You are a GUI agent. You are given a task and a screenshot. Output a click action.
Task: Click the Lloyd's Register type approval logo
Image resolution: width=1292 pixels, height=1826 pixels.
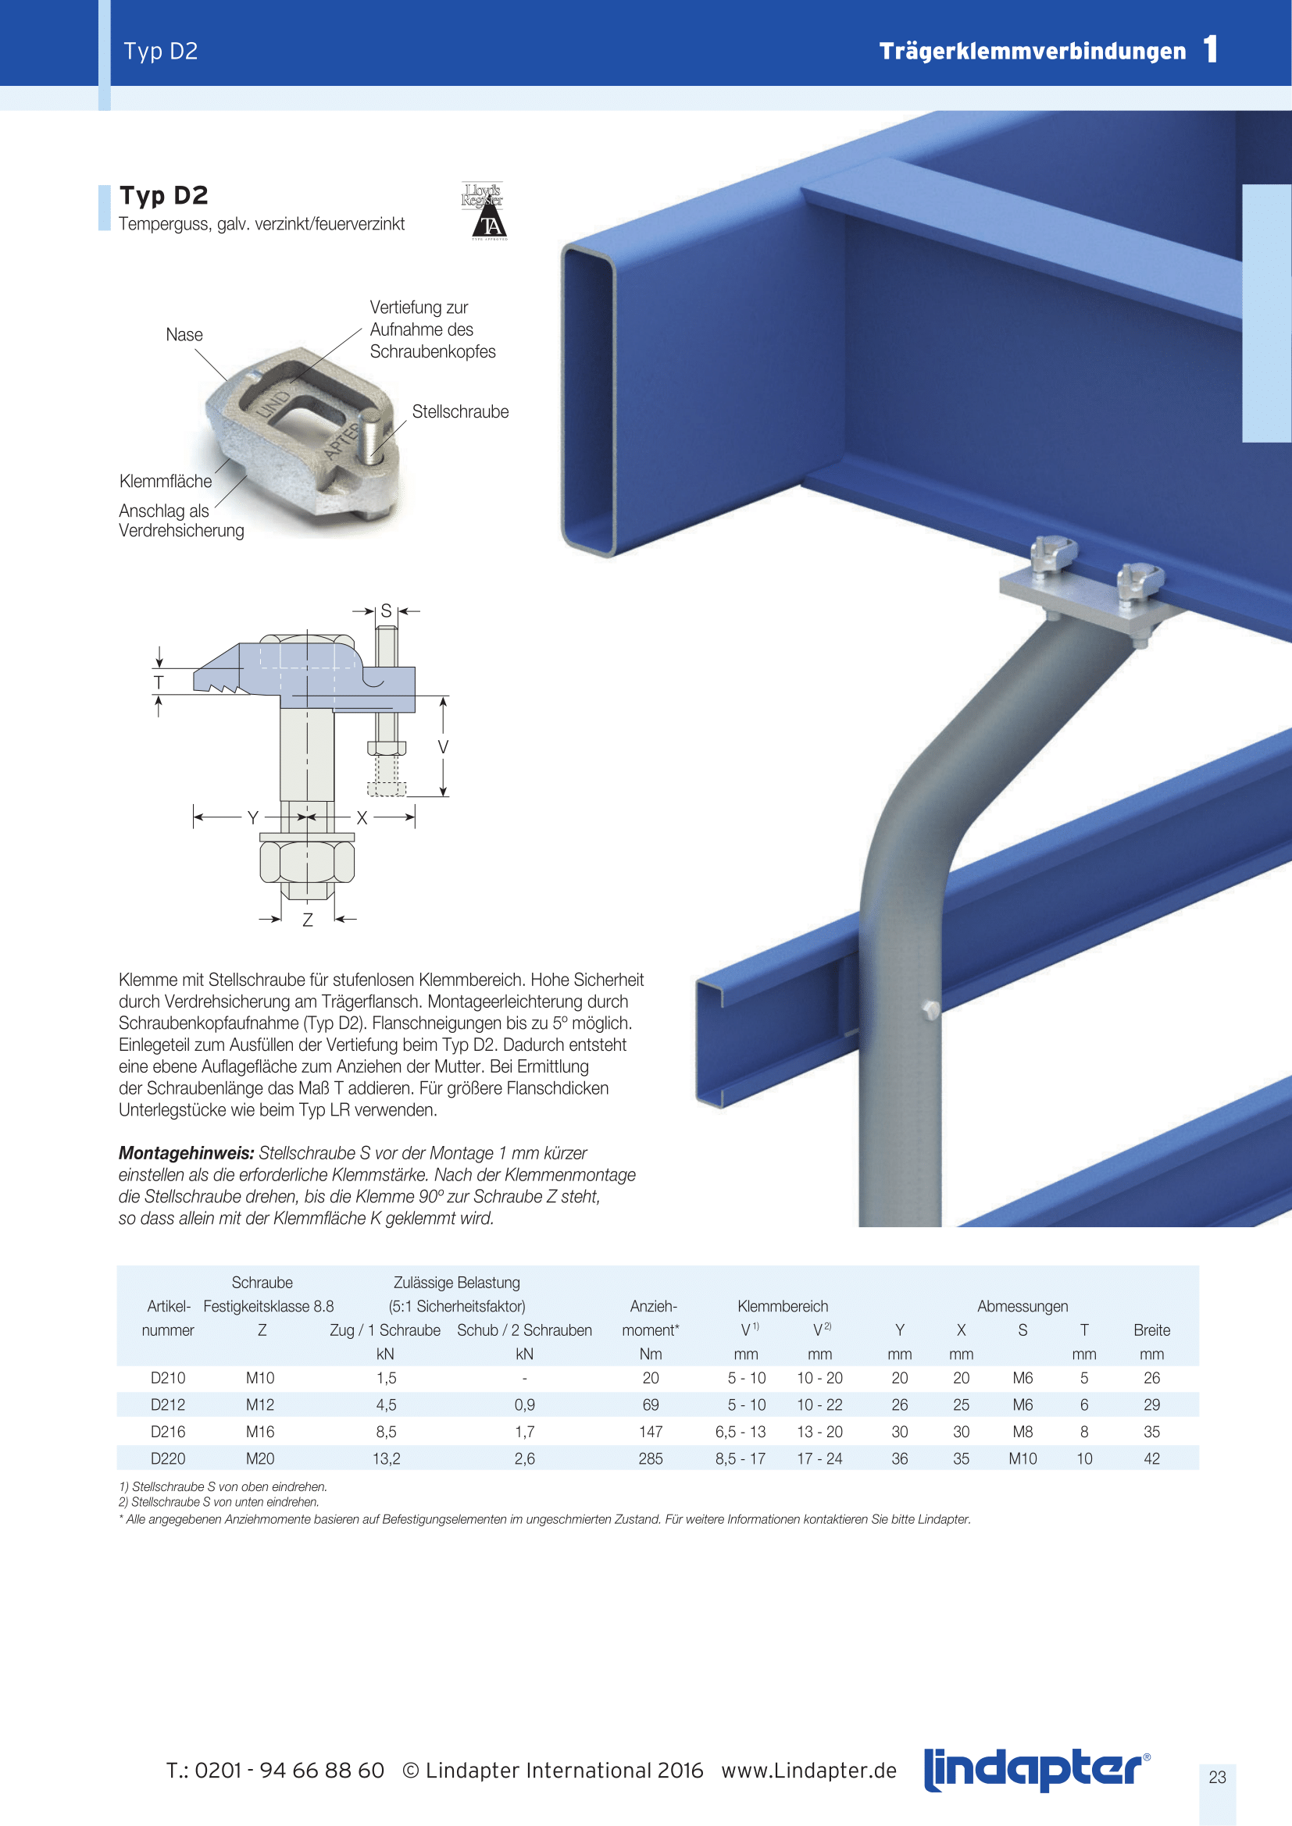[x=483, y=211]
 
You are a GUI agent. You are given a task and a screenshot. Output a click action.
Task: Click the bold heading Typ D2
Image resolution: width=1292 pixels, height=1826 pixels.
[x=164, y=196]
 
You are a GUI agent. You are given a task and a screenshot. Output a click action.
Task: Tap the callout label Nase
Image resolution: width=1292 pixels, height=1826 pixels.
[x=184, y=335]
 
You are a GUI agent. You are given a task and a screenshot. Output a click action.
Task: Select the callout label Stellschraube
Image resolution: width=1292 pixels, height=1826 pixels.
[x=460, y=412]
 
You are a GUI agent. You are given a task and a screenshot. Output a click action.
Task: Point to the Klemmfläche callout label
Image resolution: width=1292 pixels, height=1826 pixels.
[x=166, y=481]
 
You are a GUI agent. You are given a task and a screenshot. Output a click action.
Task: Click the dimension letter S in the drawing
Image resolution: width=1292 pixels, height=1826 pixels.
[x=387, y=610]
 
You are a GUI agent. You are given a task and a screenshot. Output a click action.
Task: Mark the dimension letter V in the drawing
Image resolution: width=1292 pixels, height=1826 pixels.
[x=443, y=747]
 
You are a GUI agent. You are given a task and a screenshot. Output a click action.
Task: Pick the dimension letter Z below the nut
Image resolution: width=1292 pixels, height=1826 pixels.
[x=308, y=920]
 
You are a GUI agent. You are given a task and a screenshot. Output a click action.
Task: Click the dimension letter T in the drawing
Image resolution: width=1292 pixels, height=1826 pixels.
[x=159, y=682]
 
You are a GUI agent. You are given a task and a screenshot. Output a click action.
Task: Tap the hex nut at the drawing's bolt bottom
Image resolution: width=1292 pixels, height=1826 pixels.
[x=307, y=862]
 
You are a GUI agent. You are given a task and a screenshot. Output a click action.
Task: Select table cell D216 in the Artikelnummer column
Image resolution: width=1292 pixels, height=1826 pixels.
[x=168, y=1432]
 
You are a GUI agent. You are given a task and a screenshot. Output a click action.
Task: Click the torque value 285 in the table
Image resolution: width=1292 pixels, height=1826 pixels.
[x=650, y=1458]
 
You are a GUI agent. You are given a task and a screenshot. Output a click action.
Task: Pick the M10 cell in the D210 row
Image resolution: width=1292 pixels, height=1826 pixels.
[x=260, y=1377]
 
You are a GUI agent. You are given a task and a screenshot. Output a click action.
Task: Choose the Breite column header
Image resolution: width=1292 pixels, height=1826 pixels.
[x=1151, y=1329]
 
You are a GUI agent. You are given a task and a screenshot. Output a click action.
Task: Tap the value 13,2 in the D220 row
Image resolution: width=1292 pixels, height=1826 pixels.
[x=386, y=1458]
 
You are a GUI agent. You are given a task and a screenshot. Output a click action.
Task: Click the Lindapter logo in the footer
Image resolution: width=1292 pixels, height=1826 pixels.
[x=1037, y=1771]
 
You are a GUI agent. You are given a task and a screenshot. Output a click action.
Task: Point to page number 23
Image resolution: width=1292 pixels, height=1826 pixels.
[x=1217, y=1777]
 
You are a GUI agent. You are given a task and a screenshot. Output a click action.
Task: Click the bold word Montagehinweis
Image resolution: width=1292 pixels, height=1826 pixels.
[x=186, y=1153]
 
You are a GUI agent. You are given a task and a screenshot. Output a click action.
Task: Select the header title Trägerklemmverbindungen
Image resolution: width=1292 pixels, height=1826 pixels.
[x=1032, y=51]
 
